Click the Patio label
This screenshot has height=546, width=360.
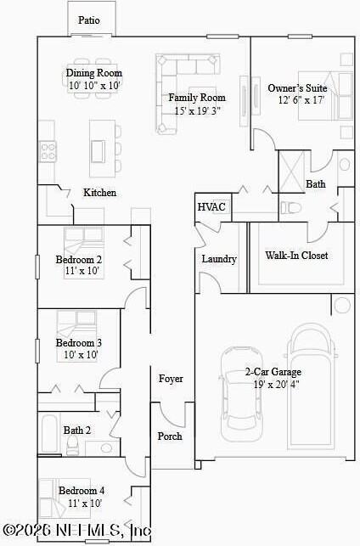pyautogui.click(x=89, y=20)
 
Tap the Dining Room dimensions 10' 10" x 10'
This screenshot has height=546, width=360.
pyautogui.click(x=94, y=85)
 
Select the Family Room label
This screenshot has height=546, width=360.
pyautogui.click(x=197, y=98)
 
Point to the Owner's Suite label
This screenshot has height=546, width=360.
pyautogui.click(x=297, y=88)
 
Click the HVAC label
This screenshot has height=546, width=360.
pyautogui.click(x=211, y=207)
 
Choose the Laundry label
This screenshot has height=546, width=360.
pyautogui.click(x=219, y=259)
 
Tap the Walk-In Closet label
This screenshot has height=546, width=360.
pyautogui.click(x=296, y=256)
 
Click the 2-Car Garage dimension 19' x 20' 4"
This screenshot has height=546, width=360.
pyautogui.click(x=277, y=385)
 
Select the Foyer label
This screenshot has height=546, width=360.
pyautogui.click(x=171, y=379)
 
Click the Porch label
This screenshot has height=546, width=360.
pyautogui.click(x=170, y=436)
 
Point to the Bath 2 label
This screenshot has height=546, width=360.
pyautogui.click(x=77, y=431)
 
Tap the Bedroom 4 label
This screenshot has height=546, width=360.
pyautogui.click(x=82, y=491)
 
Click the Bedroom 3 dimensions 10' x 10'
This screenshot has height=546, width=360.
pyautogui.click(x=81, y=355)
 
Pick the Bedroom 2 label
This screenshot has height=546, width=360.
pyautogui.click(x=79, y=260)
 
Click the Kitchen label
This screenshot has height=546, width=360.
pyautogui.click(x=99, y=193)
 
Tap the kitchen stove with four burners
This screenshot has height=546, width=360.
pyautogui.click(x=48, y=151)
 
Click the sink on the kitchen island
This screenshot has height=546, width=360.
pyautogui.click(x=98, y=151)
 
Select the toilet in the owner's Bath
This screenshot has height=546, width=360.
pyautogui.click(x=290, y=208)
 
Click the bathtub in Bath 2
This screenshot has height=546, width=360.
pyautogui.click(x=48, y=433)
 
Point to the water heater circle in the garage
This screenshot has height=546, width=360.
pyautogui.click(x=342, y=305)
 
